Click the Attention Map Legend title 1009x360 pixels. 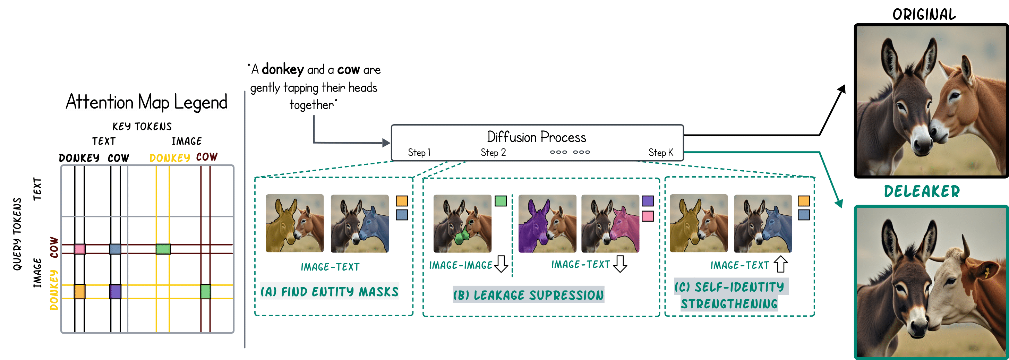pos(146,102)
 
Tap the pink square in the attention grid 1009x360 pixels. pos(79,249)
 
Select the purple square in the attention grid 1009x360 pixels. pos(115,291)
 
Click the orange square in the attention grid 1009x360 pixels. pos(79,291)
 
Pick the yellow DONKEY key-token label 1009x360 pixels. pos(170,158)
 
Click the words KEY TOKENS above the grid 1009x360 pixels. pos(142,126)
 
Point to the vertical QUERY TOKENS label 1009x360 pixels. pos(17,234)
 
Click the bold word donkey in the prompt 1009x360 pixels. pos(282,70)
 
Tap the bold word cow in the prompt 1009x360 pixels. pos(348,70)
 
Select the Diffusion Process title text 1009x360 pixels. pos(536,137)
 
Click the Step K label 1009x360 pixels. pos(660,152)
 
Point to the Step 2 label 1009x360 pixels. pos(493,152)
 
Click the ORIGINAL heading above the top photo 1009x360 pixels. pos(924,15)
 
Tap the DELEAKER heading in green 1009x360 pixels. pos(922,191)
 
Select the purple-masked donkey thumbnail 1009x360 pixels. pos(547,224)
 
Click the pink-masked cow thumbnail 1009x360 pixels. pos(610,224)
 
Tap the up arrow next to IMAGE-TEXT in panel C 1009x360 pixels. pos(781,264)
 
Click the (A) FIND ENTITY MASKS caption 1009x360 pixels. pos(330,291)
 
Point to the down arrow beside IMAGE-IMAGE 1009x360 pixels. pos(501,264)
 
